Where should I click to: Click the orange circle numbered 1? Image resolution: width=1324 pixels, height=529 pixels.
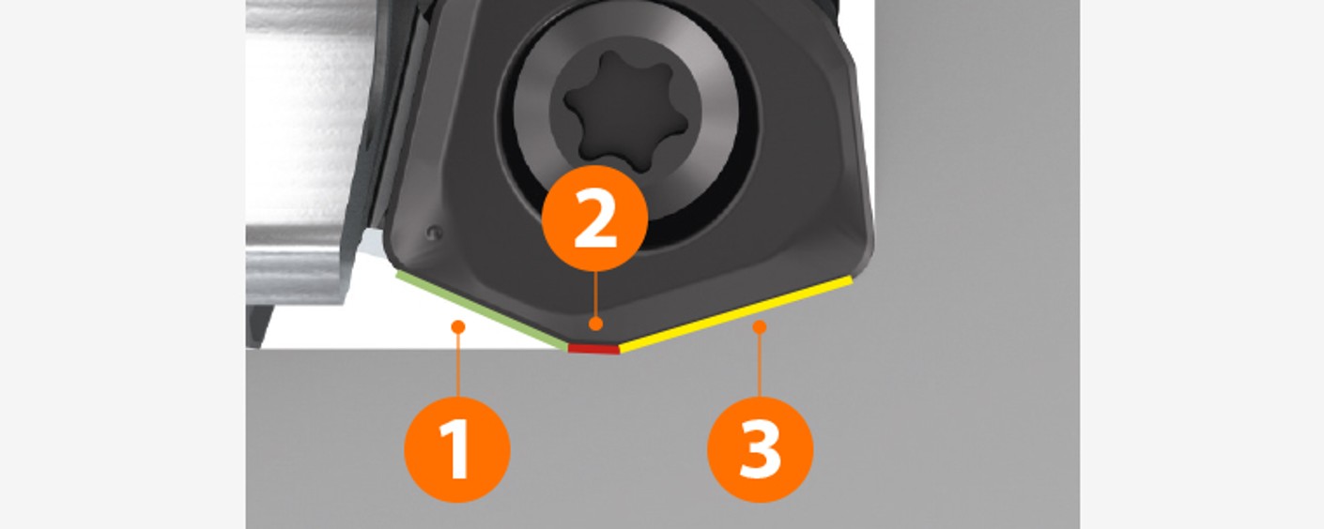tap(457, 450)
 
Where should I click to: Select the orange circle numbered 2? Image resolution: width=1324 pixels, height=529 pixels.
tap(595, 219)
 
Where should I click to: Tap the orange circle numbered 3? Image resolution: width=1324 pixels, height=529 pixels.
tap(760, 450)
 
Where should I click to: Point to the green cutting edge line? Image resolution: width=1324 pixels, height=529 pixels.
tap(482, 310)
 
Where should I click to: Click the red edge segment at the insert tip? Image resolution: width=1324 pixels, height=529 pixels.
tap(593, 348)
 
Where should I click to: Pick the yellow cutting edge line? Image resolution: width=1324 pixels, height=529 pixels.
tap(735, 314)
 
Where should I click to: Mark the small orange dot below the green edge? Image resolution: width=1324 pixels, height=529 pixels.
tap(457, 326)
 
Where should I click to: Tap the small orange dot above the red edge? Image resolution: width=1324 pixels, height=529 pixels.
tap(595, 324)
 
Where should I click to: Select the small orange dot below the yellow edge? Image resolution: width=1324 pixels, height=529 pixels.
tap(760, 326)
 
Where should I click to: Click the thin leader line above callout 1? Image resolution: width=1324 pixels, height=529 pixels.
tap(457, 365)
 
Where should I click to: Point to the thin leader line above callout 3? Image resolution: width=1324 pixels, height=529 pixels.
tap(760, 365)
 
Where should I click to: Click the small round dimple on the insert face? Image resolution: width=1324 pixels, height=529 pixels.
tap(435, 233)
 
